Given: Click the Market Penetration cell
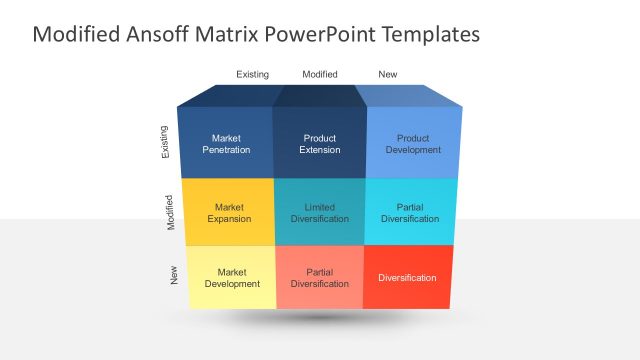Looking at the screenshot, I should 225,143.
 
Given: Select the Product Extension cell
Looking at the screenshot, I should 319,143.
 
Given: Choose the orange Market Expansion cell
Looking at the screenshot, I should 229,212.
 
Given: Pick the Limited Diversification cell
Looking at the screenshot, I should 319,212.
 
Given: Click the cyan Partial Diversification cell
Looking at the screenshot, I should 410,212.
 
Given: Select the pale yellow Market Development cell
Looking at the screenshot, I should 232,277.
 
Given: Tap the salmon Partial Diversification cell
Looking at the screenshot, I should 319,277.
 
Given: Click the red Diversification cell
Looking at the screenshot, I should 407,277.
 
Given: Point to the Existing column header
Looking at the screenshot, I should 252,74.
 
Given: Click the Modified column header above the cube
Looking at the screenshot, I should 320,74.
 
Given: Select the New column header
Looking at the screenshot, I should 387,74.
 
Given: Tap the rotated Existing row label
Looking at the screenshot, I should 165,141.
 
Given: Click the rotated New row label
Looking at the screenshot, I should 175,275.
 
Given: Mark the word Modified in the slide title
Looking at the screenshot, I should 78,35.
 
